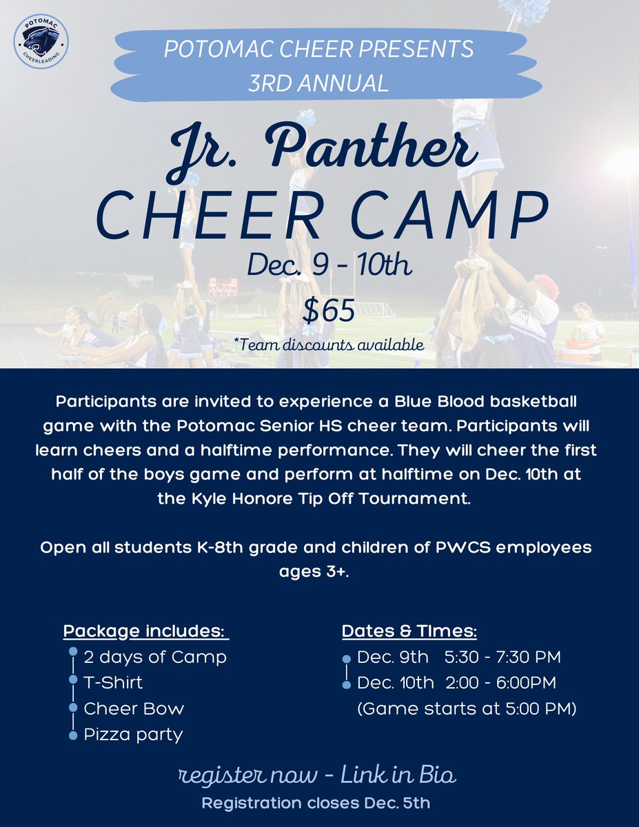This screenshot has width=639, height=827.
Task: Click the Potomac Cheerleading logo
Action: click(x=41, y=41)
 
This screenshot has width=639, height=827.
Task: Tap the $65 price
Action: click(x=329, y=311)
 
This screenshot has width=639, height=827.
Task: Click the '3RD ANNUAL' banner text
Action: click(x=318, y=83)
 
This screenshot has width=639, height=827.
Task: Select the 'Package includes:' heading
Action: click(x=145, y=631)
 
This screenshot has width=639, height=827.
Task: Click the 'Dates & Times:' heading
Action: click(x=409, y=631)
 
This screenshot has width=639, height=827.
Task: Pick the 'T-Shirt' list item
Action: click(x=113, y=682)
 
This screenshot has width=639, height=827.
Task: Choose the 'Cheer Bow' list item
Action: click(x=134, y=708)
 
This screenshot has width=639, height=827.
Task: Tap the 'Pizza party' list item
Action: click(x=133, y=734)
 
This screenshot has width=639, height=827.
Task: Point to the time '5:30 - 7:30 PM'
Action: click(x=503, y=657)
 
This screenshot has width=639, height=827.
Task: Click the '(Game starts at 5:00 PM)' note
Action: click(x=467, y=708)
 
